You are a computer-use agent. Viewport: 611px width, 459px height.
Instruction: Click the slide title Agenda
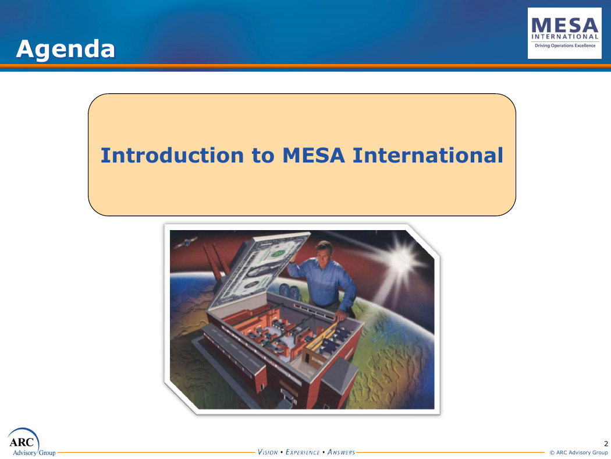tap(65, 50)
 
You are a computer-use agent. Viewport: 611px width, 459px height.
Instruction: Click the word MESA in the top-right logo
tap(564, 26)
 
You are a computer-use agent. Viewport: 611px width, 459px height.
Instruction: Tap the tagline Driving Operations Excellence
tap(565, 45)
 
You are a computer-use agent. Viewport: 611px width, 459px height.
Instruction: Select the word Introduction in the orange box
tap(172, 155)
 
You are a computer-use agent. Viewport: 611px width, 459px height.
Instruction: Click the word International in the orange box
tap(428, 155)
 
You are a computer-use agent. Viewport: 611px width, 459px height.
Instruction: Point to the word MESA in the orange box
tap(314, 155)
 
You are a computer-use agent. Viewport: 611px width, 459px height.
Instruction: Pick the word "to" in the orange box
tap(263, 156)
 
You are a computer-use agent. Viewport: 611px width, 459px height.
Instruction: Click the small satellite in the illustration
tap(186, 242)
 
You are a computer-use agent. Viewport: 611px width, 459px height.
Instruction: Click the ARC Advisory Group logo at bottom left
tap(31, 442)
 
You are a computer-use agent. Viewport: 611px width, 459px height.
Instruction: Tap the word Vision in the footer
tap(268, 452)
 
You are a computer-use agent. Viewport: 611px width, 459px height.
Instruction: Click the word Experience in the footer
tap(303, 452)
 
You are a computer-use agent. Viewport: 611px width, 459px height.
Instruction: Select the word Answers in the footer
tap(341, 452)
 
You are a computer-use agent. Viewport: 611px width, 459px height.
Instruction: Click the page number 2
tap(606, 443)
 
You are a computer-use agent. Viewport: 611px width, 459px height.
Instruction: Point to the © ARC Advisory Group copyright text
tap(578, 453)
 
